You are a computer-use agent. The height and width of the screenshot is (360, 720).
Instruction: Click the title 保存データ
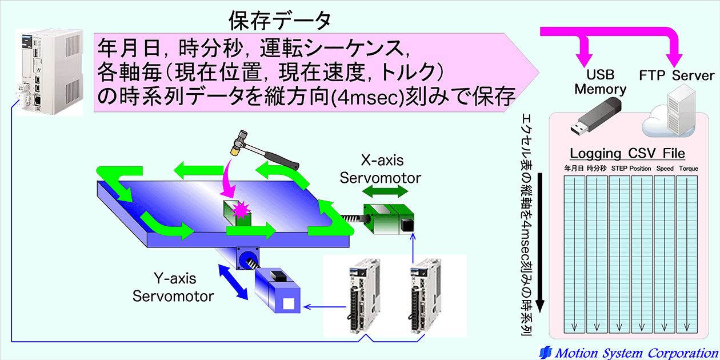pos(279,21)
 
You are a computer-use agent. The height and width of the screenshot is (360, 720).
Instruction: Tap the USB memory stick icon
pos(595,117)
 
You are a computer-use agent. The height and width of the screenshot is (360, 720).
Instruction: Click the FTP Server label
pos(677,75)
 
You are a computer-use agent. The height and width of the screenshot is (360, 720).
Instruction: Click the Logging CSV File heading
pos(627,153)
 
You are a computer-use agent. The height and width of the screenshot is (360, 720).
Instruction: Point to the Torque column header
pos(689,169)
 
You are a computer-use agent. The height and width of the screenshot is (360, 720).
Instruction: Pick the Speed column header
pos(665,169)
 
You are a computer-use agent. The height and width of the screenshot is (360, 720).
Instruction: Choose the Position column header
pos(640,169)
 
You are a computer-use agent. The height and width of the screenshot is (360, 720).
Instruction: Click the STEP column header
pos(619,169)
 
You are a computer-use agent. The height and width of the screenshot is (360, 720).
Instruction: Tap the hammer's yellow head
pos(235,150)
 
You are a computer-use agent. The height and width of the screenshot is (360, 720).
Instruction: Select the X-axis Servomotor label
pos(381,169)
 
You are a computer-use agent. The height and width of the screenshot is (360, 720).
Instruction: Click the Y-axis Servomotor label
pos(174,287)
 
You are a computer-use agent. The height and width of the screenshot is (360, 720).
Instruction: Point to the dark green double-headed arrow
pos(385,191)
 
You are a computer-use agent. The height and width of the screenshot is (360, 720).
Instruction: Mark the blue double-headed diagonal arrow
pos(233,282)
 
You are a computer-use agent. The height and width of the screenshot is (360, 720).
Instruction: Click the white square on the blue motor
pos(289,304)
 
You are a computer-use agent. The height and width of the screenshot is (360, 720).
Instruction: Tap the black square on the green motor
pos(407,226)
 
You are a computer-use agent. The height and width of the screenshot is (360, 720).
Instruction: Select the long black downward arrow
pos(540,243)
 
